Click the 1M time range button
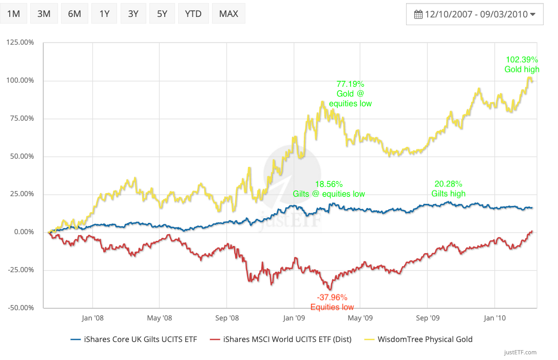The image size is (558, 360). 13,14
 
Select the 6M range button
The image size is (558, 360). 74,14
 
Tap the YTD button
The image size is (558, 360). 193,14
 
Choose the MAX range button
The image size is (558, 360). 228,14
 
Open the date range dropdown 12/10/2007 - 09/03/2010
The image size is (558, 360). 474,14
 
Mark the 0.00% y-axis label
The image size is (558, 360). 23,232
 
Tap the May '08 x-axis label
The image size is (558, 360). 159,318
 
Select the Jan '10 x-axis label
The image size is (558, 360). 494,318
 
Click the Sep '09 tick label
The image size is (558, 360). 428,318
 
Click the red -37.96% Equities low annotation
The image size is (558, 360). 332,302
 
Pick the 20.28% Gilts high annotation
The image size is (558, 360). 448,188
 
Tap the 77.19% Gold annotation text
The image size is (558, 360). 350,93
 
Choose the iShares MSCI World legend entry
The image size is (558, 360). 280,339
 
